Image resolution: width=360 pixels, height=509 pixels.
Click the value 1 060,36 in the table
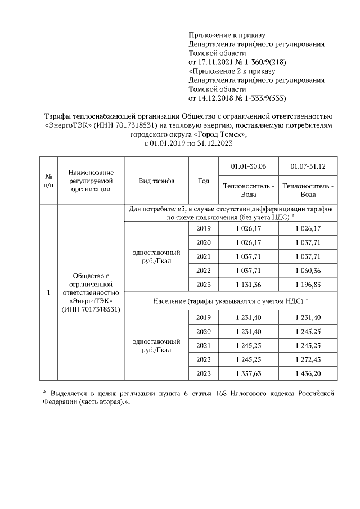click(x=308, y=271)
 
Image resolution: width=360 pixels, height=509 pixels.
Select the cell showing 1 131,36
click(x=249, y=285)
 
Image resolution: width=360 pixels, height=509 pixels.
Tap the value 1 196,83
click(x=308, y=285)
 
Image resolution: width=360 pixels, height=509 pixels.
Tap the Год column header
click(x=204, y=181)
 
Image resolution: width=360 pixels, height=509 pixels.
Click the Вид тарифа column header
click(x=156, y=181)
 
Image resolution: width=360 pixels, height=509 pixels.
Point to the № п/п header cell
click(x=48, y=181)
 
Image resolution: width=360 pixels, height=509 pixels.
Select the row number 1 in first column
click(x=48, y=293)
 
